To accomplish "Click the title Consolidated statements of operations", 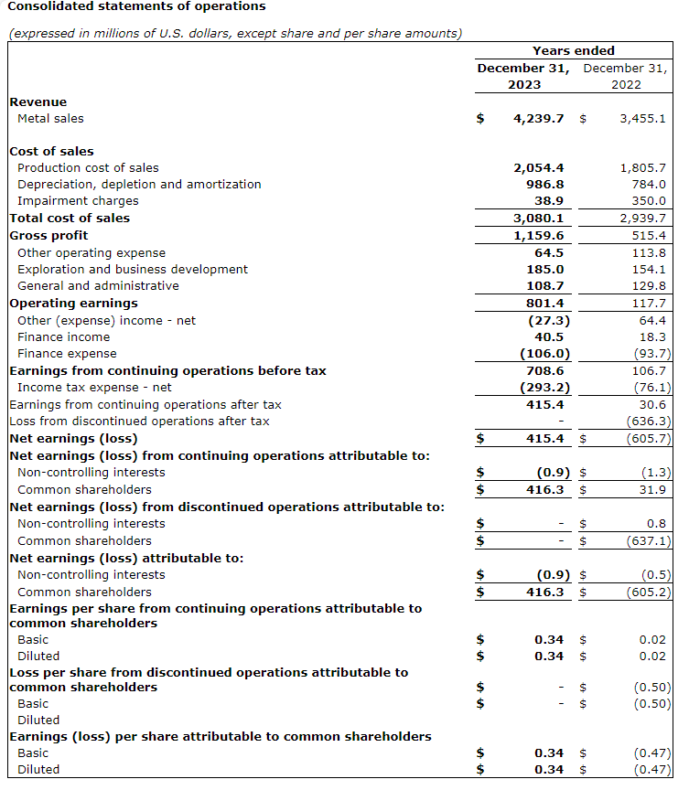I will pyautogui.click(x=137, y=6).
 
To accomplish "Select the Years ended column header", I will pyautogui.click(x=573, y=51).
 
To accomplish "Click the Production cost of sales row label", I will pyautogui.click(x=88, y=168).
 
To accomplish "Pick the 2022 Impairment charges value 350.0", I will pyautogui.click(x=648, y=201).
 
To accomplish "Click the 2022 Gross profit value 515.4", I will pyautogui.click(x=648, y=236).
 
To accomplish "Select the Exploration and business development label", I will pyautogui.click(x=133, y=270).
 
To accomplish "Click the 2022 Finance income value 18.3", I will pyautogui.click(x=651, y=337).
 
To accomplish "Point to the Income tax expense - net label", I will pyautogui.click(x=94, y=388).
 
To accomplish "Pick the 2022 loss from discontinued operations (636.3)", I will pyautogui.click(x=649, y=422).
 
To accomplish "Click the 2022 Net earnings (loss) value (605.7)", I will pyautogui.click(x=649, y=439).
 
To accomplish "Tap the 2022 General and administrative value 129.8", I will pyautogui.click(x=648, y=286).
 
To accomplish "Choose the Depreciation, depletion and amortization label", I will pyautogui.click(x=139, y=185).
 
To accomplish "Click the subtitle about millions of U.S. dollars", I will pyautogui.click(x=234, y=34).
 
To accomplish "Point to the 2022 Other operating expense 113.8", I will pyautogui.click(x=648, y=253).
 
